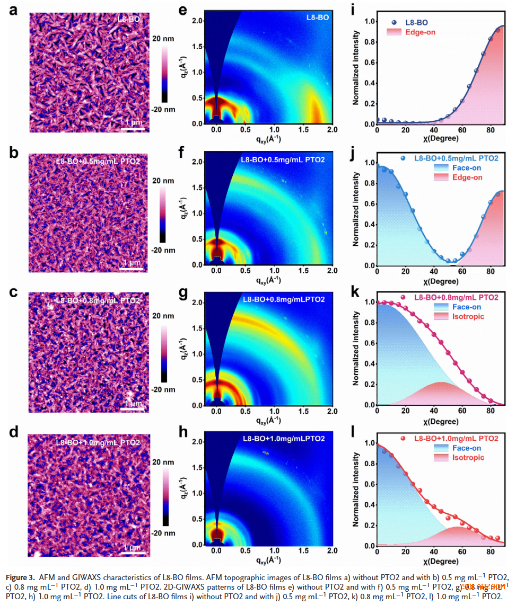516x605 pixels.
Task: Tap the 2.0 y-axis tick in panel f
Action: (197, 162)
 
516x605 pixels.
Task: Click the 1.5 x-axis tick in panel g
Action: (303, 412)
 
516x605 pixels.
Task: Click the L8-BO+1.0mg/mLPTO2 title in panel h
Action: (283, 439)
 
